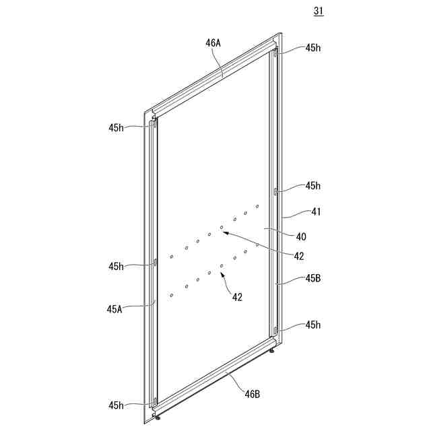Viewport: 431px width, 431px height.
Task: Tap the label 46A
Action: point(213,42)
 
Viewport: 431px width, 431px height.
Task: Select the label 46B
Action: point(252,394)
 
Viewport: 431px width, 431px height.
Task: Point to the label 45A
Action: point(114,309)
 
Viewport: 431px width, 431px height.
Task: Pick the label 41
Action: point(317,211)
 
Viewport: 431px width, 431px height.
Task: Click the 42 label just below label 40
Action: point(298,256)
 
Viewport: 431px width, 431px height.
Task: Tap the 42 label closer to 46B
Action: point(238,296)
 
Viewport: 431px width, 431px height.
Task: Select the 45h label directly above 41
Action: point(313,186)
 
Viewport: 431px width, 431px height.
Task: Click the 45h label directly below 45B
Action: point(313,325)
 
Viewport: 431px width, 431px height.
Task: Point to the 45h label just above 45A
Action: point(116,266)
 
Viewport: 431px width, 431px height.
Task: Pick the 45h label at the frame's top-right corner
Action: point(313,48)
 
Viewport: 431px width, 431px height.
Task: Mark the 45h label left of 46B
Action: point(116,405)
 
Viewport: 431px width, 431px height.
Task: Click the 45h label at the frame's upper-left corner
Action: point(116,127)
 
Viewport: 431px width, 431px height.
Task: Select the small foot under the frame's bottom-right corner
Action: point(271,350)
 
